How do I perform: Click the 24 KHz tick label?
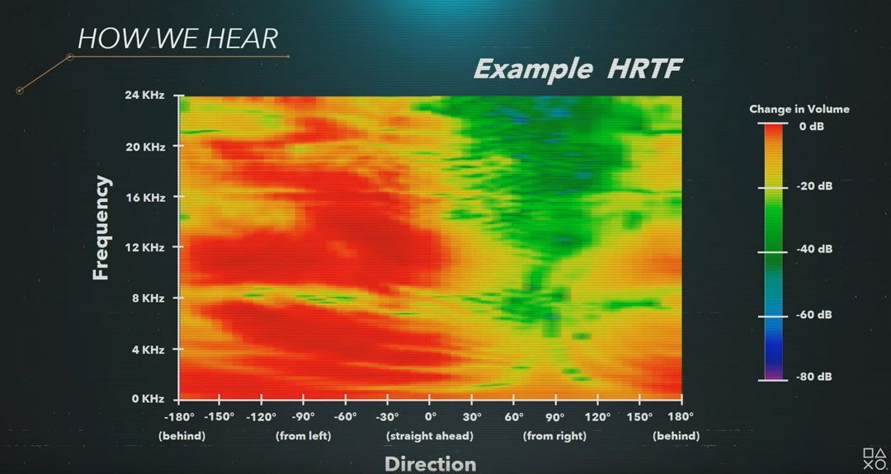coord(144,96)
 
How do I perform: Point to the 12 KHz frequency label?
coord(144,247)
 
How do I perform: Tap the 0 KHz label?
coord(147,398)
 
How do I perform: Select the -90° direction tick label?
coord(303,416)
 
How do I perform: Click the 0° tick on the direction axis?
coord(430,416)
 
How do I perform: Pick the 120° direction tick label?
coord(598,416)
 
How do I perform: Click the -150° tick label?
coord(219,416)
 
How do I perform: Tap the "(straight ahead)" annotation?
coord(430,437)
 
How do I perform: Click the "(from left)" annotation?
coord(303,437)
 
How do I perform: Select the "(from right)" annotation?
coord(554,437)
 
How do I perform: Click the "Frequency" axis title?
coord(101,228)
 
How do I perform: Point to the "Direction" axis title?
coord(430,464)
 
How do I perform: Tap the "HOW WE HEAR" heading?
coord(178,39)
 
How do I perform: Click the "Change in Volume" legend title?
coord(799,109)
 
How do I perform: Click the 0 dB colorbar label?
coord(812,127)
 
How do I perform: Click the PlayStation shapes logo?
coord(874,458)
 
